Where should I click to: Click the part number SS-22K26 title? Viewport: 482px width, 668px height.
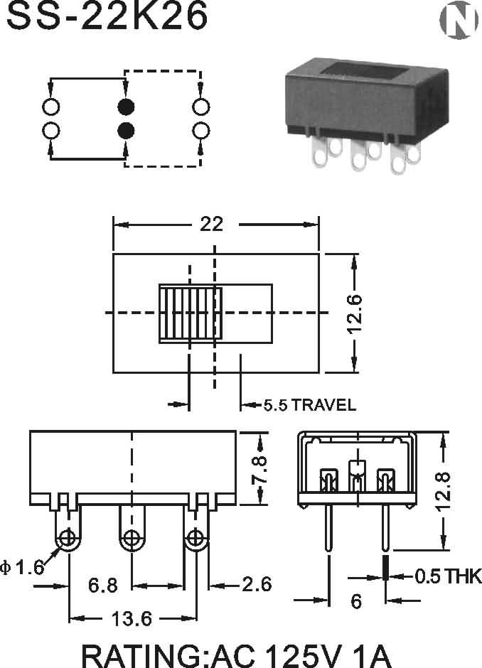click(107, 16)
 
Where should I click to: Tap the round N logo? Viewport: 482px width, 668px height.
click(459, 20)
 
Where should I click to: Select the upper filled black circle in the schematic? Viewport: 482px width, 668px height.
click(126, 107)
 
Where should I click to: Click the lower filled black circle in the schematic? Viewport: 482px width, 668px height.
click(126, 131)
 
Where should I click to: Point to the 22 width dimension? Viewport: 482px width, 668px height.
click(212, 224)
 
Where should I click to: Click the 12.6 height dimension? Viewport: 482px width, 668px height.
click(355, 313)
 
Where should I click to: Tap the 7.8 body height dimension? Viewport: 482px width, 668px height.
click(259, 469)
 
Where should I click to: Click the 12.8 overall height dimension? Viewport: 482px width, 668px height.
click(443, 491)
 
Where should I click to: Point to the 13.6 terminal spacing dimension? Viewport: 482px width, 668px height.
click(132, 619)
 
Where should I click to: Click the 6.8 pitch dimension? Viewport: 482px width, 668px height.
click(103, 585)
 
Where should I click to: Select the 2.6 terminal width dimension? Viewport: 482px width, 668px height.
click(257, 584)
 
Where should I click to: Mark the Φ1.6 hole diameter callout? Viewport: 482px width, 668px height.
click(22, 568)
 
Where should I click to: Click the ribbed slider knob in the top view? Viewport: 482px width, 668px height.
click(191, 313)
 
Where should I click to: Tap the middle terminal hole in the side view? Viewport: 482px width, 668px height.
click(132, 537)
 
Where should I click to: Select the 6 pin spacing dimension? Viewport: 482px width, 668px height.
click(356, 601)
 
